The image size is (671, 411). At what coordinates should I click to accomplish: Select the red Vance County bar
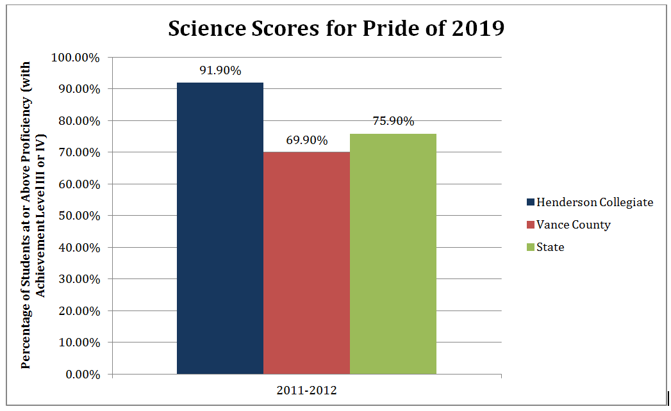point(306,262)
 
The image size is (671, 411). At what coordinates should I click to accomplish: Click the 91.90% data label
point(220,70)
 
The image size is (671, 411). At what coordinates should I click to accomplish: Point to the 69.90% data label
point(306,140)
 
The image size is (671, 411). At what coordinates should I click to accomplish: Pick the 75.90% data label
point(393,121)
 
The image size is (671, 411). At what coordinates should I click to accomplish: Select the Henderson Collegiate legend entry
point(594,202)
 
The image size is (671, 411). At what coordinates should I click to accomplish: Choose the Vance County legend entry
point(573,225)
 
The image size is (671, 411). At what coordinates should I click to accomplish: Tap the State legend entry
point(550,247)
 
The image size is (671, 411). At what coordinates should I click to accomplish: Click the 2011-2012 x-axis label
point(306,391)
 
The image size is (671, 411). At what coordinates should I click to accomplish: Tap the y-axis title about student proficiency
point(34,215)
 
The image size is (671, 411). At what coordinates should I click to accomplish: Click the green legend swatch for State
point(530,247)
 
